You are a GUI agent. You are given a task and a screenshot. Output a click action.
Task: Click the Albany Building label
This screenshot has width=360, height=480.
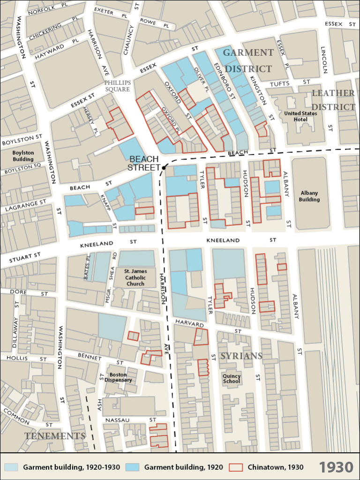pyautogui.click(x=309, y=196)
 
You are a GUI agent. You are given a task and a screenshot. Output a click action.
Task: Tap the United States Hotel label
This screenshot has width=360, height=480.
pyautogui.click(x=300, y=116)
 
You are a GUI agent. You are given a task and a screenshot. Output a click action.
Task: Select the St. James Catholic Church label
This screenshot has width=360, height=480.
pyautogui.click(x=135, y=277)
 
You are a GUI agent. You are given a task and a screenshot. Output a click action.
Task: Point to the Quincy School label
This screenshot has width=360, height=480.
pyautogui.click(x=232, y=379)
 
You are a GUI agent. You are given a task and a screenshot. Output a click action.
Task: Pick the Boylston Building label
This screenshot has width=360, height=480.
pyautogui.click(x=23, y=156)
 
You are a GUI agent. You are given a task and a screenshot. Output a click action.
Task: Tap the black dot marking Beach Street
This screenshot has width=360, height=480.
pyautogui.click(x=164, y=167)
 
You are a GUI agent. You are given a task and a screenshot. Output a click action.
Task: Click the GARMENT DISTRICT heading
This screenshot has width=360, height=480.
pyautogui.click(x=248, y=60)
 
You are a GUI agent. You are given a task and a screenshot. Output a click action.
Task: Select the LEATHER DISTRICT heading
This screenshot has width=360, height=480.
pyautogui.click(x=333, y=100)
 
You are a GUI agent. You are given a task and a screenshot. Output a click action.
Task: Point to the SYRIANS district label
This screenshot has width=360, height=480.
pyautogui.click(x=241, y=356)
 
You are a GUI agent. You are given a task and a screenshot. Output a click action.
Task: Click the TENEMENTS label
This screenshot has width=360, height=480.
pyautogui.click(x=55, y=436)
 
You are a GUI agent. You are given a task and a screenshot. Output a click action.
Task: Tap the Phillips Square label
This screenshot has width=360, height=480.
pyautogui.click(x=117, y=86)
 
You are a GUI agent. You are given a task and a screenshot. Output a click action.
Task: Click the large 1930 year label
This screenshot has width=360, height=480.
pyautogui.click(x=336, y=467)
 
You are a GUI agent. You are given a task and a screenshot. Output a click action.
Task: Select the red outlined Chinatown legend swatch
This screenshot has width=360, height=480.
pyautogui.click(x=236, y=467)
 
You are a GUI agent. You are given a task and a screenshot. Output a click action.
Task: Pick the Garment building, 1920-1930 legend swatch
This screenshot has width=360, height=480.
pyautogui.click(x=11, y=467)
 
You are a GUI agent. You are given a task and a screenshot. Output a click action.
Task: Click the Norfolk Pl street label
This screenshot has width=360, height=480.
pyautogui.click(x=48, y=10)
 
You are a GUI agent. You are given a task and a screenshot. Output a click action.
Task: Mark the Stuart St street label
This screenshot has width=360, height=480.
pyautogui.click(x=25, y=257)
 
